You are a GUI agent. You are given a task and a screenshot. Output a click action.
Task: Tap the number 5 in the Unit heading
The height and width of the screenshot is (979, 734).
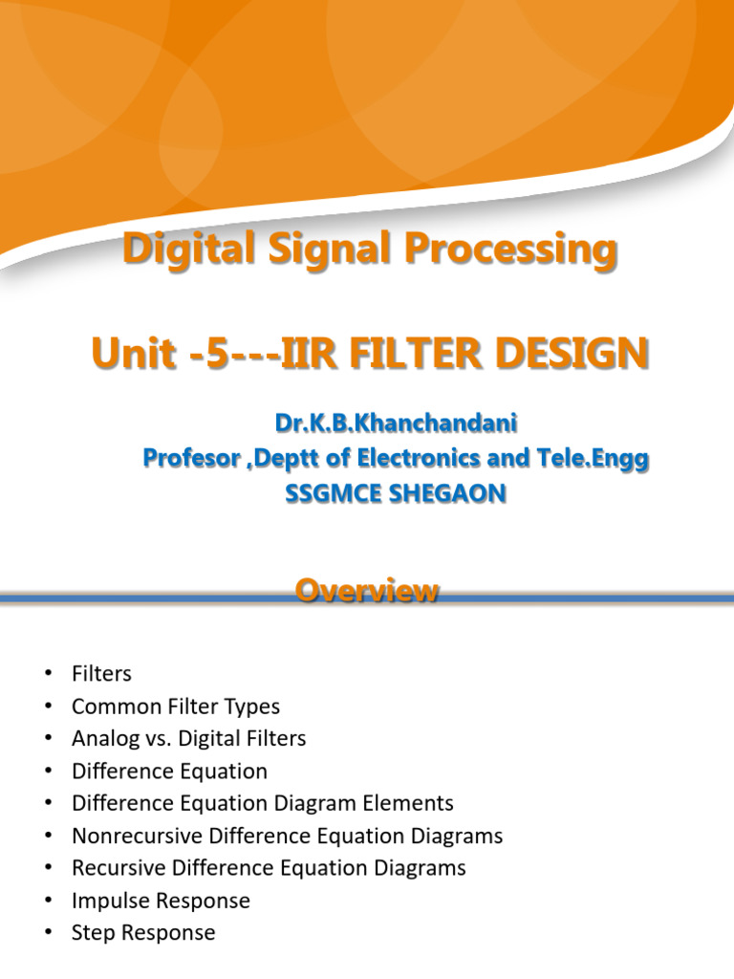tap(220, 355)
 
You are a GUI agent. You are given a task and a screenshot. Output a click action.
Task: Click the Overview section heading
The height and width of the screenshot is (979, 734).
tap(367, 592)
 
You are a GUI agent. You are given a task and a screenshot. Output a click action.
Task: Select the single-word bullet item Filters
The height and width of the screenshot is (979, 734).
tap(101, 674)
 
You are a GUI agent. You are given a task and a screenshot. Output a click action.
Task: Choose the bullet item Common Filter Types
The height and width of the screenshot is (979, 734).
tap(176, 707)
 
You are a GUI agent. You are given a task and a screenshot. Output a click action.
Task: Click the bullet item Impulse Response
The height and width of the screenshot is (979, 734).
tap(161, 901)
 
